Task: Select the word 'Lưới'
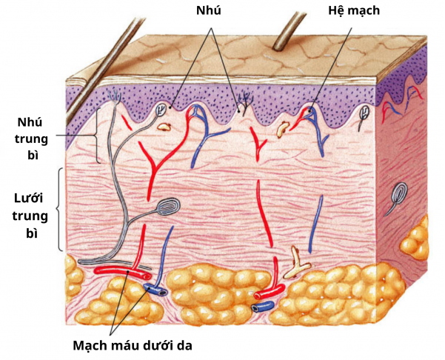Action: coord(31,199)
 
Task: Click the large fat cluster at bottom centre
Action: coord(214,293)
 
